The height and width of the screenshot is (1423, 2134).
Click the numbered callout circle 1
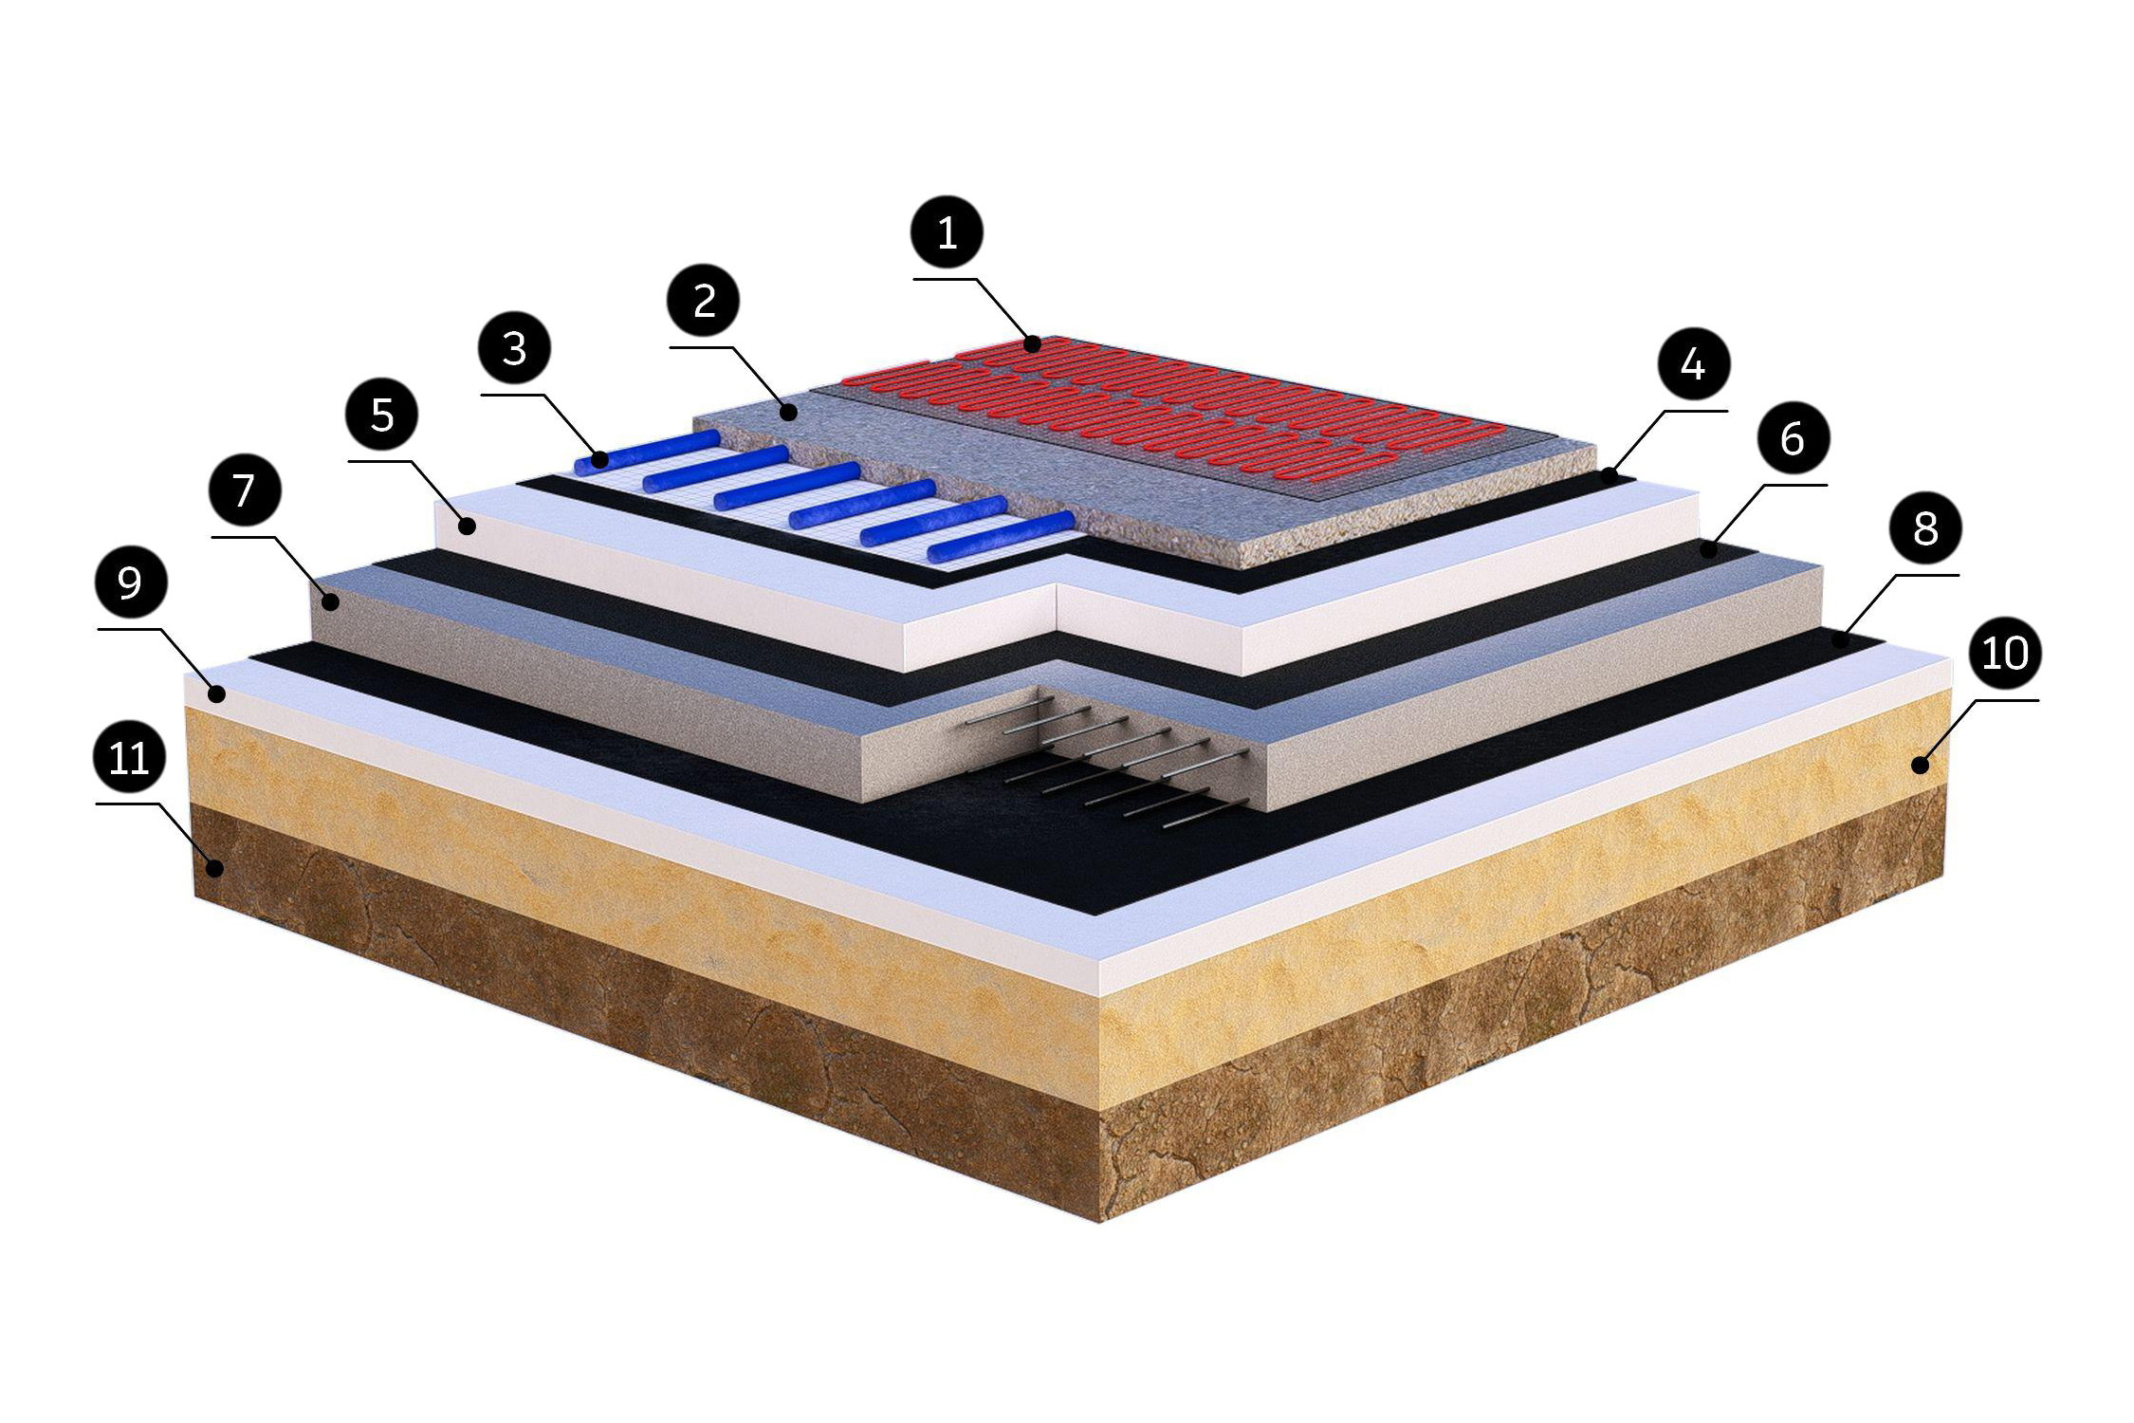(947, 231)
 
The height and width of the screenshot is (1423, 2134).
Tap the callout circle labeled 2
(704, 301)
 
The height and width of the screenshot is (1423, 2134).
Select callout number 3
(514, 348)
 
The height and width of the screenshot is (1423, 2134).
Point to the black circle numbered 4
(1694, 363)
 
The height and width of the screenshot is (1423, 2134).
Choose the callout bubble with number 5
(382, 415)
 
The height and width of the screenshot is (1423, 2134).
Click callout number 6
(1792, 438)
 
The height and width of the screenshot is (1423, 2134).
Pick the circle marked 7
(245, 490)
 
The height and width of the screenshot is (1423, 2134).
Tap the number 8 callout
(1924, 527)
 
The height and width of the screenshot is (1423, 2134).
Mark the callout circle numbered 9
(130, 582)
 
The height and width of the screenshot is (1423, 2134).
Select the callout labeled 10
(2004, 653)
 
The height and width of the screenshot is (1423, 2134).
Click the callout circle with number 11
(130, 757)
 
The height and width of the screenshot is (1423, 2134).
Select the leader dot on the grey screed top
(789, 413)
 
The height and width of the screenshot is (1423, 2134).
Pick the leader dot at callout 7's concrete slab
(332, 601)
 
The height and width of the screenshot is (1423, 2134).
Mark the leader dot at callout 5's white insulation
(468, 526)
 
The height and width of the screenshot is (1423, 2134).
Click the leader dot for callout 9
(218, 695)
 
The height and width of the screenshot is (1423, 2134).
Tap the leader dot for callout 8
(1840, 641)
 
